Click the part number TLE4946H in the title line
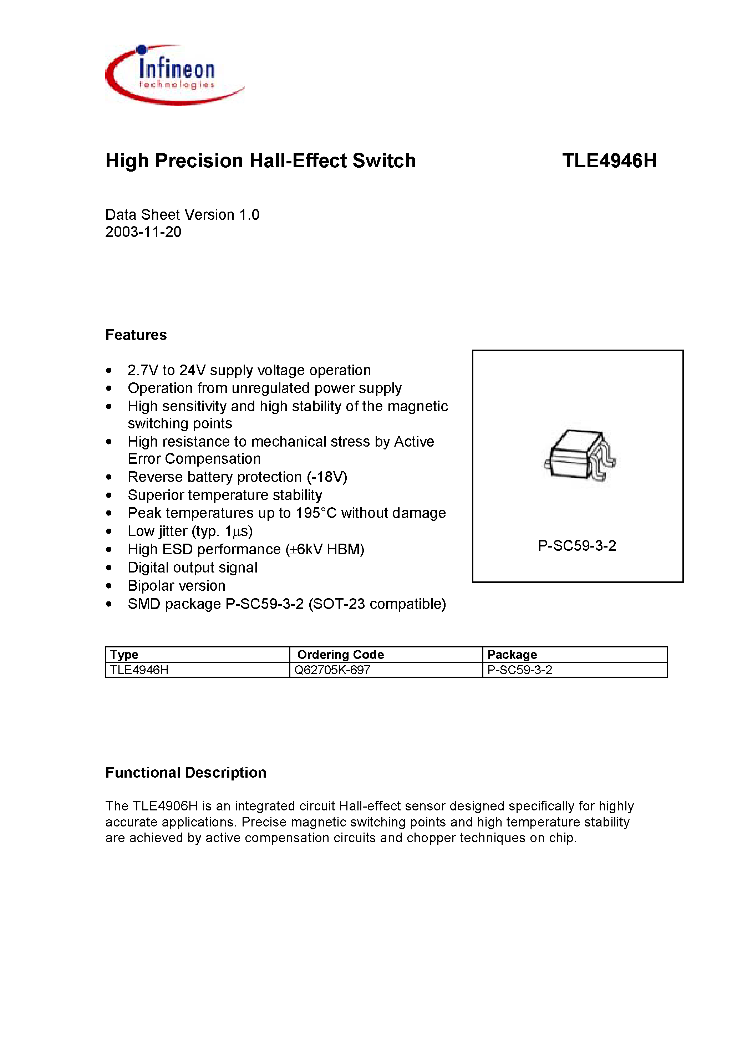pos(609,161)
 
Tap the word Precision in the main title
pos(199,161)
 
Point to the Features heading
pos(136,335)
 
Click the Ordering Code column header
pos(340,655)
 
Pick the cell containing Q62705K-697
pos(332,670)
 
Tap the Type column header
pos(124,655)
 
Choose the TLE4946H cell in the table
pos(139,670)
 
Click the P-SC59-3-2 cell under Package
pos(519,670)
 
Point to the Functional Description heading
pos(185,773)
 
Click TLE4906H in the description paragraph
pos(165,806)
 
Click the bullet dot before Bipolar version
pos(108,586)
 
